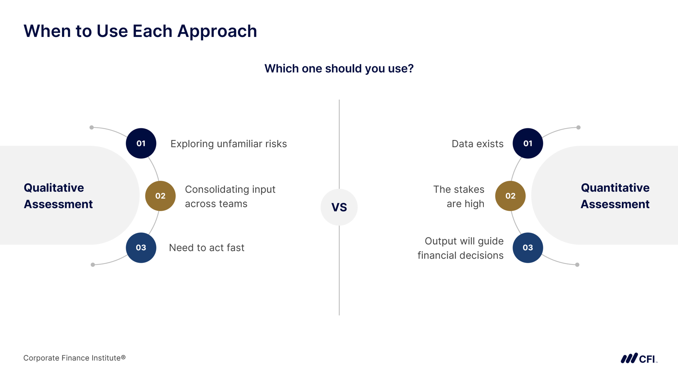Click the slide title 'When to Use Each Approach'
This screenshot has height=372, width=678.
click(140, 31)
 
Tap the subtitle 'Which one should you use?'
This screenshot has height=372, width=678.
click(339, 69)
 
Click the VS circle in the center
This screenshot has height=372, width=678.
click(339, 207)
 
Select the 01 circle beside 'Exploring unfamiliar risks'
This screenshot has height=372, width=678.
click(141, 143)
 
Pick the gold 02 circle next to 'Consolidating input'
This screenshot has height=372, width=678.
click(160, 196)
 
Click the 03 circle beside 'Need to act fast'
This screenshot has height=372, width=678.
click(141, 248)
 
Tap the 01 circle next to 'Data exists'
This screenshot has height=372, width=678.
click(528, 143)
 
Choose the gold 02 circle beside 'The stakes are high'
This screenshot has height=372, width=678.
click(510, 196)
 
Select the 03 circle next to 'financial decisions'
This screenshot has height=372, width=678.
click(528, 248)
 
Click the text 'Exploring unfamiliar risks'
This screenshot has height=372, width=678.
click(229, 144)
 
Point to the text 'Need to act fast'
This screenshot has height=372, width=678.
click(207, 248)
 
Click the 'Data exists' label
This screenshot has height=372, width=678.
click(478, 144)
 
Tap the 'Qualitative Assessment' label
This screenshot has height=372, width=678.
click(58, 196)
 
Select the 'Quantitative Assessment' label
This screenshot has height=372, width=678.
click(615, 196)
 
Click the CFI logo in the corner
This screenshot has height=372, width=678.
click(639, 358)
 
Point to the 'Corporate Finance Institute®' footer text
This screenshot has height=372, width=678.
click(75, 358)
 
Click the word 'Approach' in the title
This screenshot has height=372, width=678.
click(217, 31)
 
